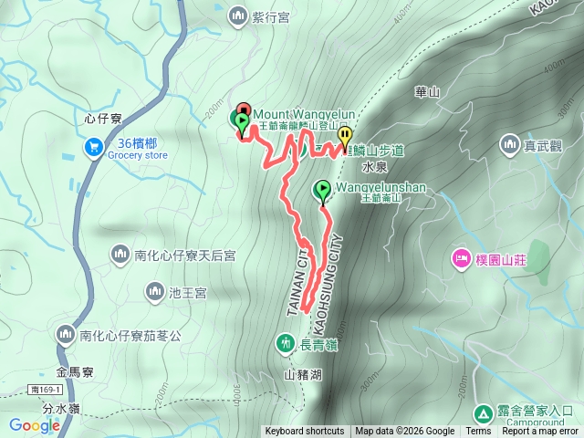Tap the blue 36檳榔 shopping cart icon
point(93,146)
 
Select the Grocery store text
point(138,155)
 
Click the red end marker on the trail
point(243,109)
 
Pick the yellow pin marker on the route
point(345,135)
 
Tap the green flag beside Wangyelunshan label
point(322,190)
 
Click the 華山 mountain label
point(427,91)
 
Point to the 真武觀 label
point(541,143)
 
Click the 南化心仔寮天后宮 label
point(184,255)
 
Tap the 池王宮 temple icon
point(155,292)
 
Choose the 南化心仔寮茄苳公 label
point(130,335)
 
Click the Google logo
point(35,425)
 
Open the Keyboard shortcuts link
point(305,432)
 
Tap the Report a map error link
point(541,432)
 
